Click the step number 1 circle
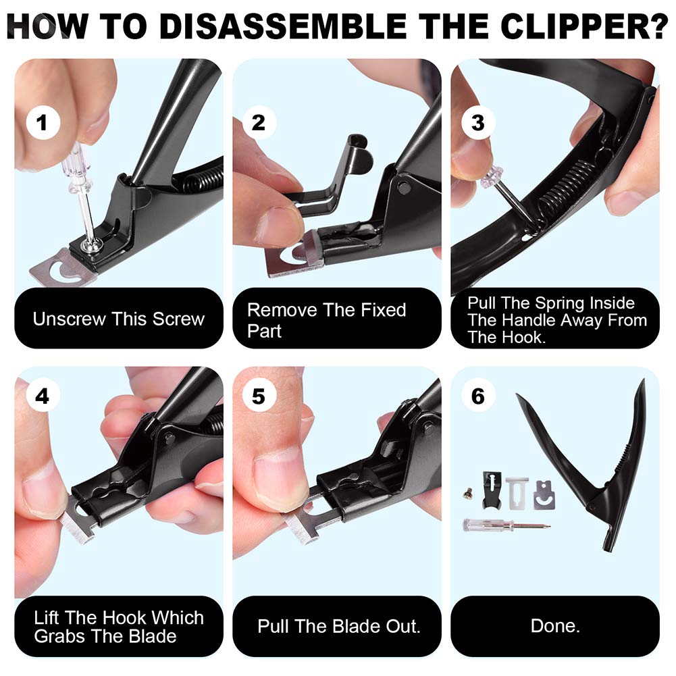pyautogui.click(x=42, y=123)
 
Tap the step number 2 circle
pyautogui.click(x=259, y=123)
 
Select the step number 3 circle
pyautogui.click(x=478, y=123)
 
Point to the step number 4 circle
pyautogui.click(x=42, y=396)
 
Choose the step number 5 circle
pyautogui.click(x=259, y=396)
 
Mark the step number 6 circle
pyautogui.click(x=478, y=396)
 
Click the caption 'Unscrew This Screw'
pyautogui.click(x=118, y=319)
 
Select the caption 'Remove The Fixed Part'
pyautogui.click(x=326, y=320)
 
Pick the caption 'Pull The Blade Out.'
pyautogui.click(x=338, y=626)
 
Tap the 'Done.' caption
pyautogui.click(x=555, y=626)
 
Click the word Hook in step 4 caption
pyautogui.click(x=126, y=617)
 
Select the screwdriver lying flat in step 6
pyautogui.click(x=506, y=525)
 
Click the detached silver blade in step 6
pyautogui.click(x=544, y=495)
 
